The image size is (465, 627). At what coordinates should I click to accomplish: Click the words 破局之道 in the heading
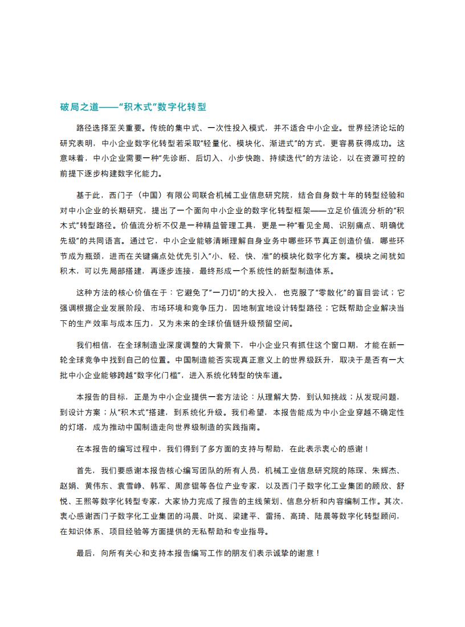coord(79,107)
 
